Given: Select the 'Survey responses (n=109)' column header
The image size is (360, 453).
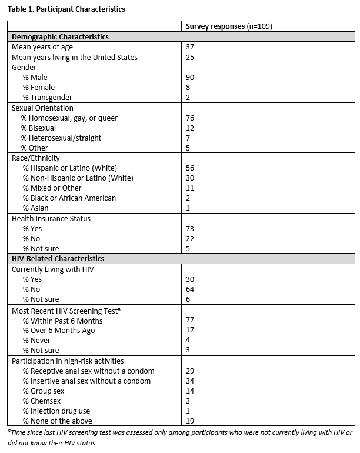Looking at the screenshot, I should pyautogui.click(x=228, y=26).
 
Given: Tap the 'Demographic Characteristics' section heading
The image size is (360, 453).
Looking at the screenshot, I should pyautogui.click(x=60, y=36).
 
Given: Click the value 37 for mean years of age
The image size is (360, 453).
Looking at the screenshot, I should pyautogui.click(x=190, y=47).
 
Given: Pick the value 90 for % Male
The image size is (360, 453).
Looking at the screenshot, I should pyautogui.click(x=190, y=77).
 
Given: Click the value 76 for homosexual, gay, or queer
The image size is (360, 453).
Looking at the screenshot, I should pyautogui.click(x=190, y=118).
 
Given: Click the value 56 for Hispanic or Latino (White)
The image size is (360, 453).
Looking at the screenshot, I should pyautogui.click(x=190, y=168).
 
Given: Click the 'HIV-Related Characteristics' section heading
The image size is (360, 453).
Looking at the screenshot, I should pyautogui.click(x=58, y=258).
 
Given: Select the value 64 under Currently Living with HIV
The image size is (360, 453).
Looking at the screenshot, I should pyautogui.click(x=190, y=289).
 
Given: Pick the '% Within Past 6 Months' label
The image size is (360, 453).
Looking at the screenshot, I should pyautogui.click(x=62, y=321).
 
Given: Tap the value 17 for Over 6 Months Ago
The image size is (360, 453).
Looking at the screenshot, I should pyautogui.click(x=190, y=331).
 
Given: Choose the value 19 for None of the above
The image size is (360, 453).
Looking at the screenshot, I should pyautogui.click(x=190, y=421).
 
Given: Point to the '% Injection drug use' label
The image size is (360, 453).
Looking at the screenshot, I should pyautogui.click(x=56, y=411).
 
